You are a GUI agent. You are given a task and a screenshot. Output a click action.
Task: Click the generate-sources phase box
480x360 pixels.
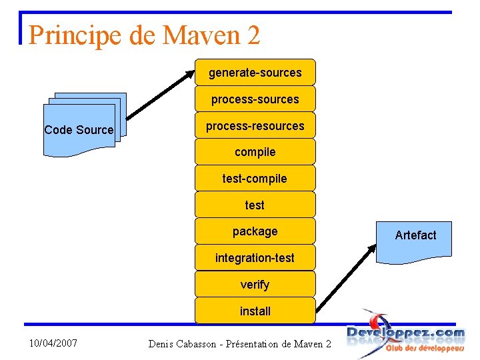coord(255,72)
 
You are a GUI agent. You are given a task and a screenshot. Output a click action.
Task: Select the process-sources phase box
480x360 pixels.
coord(255,99)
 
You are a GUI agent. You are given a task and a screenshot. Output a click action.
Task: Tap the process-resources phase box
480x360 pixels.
coord(255,125)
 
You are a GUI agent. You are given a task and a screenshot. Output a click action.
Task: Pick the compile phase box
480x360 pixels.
coord(255,152)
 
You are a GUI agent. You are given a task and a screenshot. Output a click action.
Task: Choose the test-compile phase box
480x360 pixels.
coord(255,178)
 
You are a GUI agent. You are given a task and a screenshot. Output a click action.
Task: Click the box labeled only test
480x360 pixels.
coord(255,205)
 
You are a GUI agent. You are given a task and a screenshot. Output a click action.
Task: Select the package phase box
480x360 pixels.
coord(255,231)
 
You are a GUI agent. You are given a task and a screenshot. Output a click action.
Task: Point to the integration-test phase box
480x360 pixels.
coord(255,257)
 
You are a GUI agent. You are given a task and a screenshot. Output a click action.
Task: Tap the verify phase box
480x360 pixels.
coord(255,284)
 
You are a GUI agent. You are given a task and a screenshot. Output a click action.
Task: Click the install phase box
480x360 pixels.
coord(255,311)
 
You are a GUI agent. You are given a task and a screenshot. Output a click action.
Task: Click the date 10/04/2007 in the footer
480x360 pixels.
coord(53,343)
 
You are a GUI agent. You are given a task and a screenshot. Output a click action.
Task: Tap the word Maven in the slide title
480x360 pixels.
coord(201,35)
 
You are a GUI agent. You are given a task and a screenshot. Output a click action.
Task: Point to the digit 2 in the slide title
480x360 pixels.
coord(253,35)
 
